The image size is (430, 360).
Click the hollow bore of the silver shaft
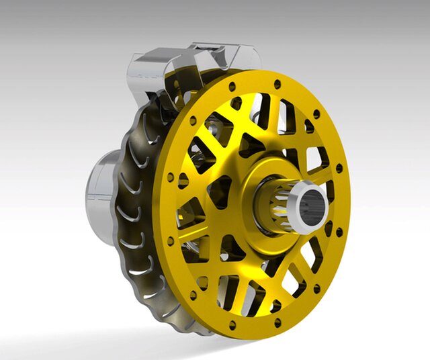(x=314, y=206)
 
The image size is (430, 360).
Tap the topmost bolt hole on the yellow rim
(x=277, y=83)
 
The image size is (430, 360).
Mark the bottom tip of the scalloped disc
(x=188, y=329)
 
